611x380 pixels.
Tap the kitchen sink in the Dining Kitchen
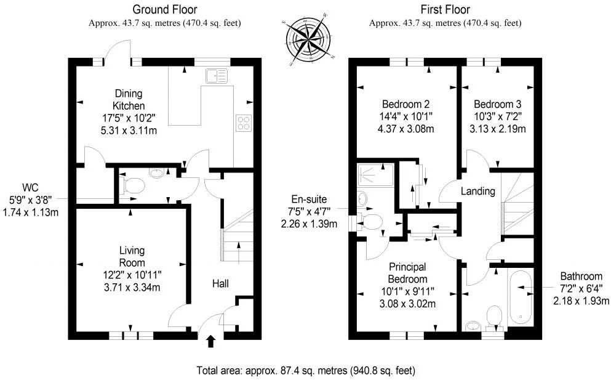tap(217, 76)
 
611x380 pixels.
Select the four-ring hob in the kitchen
tap(244, 123)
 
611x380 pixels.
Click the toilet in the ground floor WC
tap(132, 185)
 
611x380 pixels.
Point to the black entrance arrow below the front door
tap(211, 341)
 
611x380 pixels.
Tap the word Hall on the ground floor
tap(221, 284)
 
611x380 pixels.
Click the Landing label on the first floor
tap(478, 192)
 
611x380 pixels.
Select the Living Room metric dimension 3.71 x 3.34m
tap(132, 286)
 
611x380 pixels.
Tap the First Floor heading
tap(445, 9)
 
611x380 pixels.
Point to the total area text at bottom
tap(305, 371)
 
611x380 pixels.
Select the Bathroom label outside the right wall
tap(580, 276)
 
